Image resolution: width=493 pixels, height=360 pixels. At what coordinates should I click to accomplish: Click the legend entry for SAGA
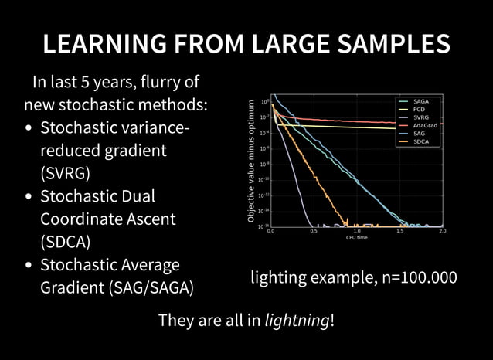[421, 101]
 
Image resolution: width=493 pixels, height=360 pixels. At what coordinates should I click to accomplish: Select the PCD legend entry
[420, 109]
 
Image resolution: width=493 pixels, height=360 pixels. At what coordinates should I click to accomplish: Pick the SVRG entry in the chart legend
[421, 117]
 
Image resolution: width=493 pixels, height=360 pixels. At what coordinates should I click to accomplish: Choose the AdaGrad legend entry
[425, 125]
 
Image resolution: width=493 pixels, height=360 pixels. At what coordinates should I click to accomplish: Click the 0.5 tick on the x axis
[313, 231]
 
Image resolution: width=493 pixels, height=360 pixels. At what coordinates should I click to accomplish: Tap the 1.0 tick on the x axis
[356, 231]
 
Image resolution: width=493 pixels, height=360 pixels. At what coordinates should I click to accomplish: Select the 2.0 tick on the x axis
[442, 231]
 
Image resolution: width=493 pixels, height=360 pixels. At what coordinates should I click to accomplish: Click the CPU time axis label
[356, 238]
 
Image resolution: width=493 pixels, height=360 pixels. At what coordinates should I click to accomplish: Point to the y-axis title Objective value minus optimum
[251, 161]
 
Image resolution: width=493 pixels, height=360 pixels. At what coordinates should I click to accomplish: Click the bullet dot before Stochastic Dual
[29, 197]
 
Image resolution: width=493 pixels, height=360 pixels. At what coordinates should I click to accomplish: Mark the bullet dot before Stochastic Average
[29, 267]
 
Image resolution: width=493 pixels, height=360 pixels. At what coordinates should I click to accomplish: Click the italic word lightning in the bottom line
[296, 321]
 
